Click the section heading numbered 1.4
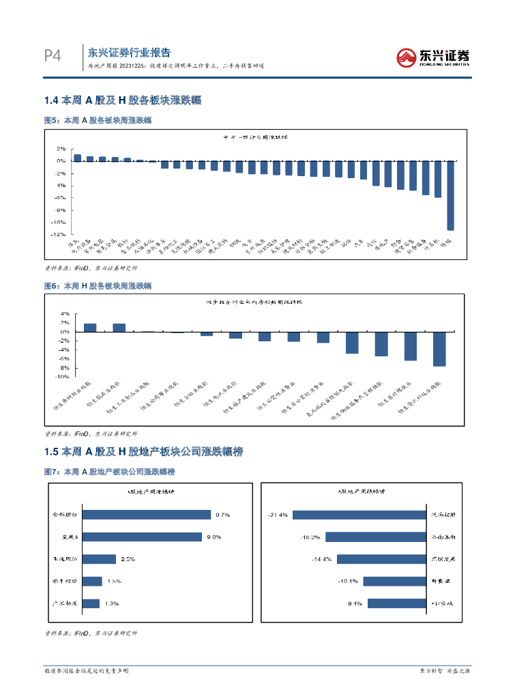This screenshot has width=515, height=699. (x=122, y=100)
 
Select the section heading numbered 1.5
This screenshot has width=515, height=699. (x=143, y=452)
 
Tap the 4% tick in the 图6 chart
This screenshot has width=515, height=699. (x=65, y=314)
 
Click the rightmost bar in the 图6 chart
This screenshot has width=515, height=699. (x=439, y=349)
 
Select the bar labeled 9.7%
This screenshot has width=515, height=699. (x=147, y=515)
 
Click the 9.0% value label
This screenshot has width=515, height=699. (x=214, y=537)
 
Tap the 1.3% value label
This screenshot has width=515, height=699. (x=113, y=603)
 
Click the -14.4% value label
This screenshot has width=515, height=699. (x=321, y=559)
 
